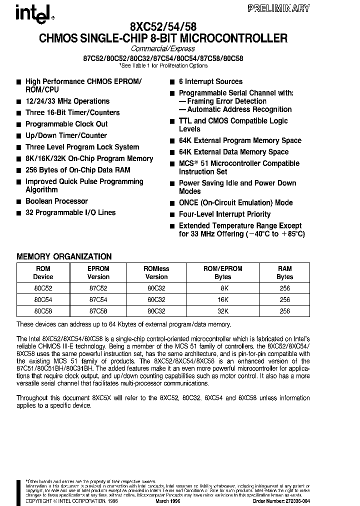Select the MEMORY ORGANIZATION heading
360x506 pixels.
click(x=64, y=256)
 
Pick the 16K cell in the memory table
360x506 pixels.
click(x=222, y=299)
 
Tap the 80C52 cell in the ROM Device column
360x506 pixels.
click(x=42, y=288)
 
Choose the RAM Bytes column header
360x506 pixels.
click(x=284, y=272)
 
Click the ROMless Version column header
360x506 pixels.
click(x=156, y=272)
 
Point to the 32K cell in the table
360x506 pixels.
click(x=222, y=310)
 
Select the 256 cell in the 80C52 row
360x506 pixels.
click(x=284, y=288)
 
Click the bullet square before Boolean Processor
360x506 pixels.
click(x=19, y=201)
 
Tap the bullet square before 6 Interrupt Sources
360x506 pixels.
click(x=172, y=82)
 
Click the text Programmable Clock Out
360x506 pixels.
click(x=66, y=124)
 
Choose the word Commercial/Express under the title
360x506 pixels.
click(x=162, y=49)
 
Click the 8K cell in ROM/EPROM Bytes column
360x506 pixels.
click(x=222, y=288)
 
